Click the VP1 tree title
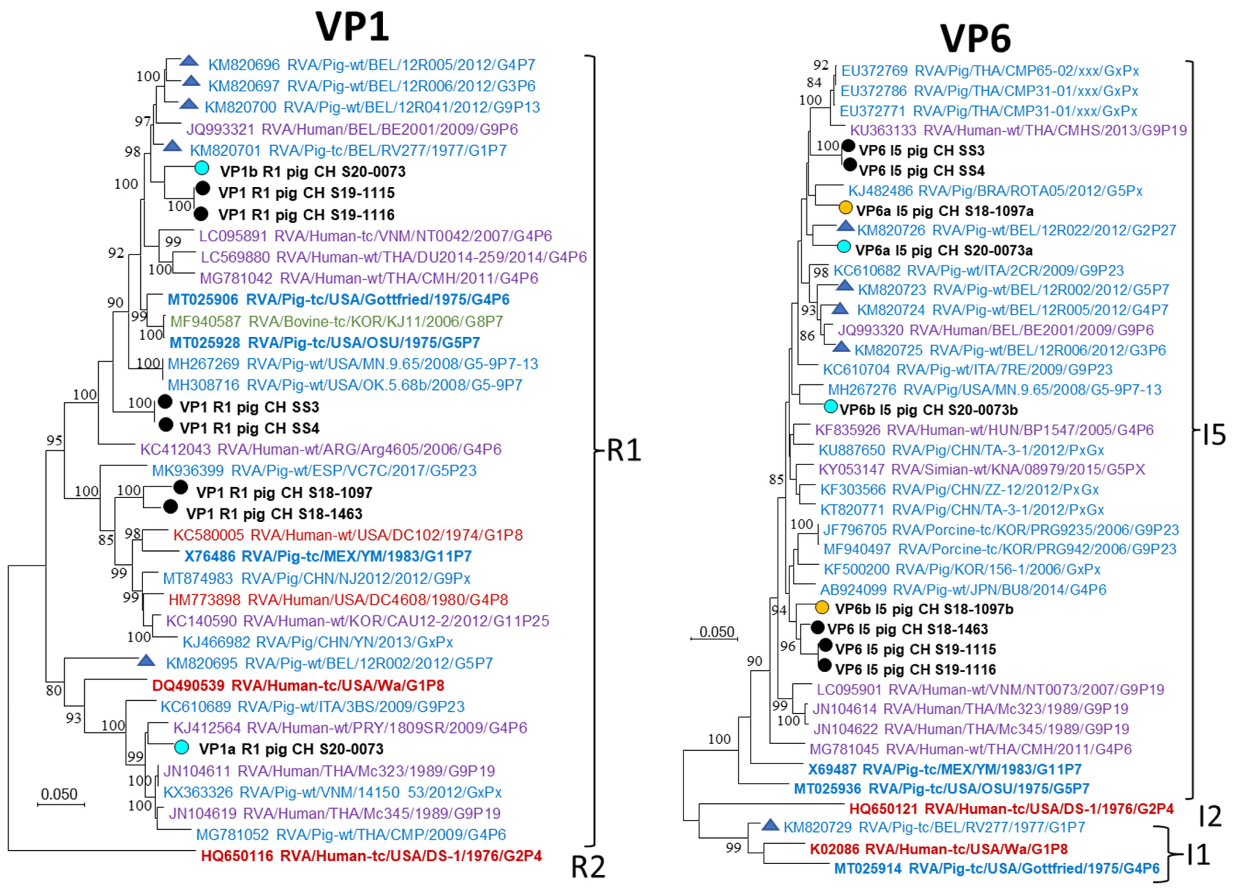[x=353, y=27]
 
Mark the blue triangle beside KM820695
[x=146, y=661]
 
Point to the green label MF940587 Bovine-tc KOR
[x=336, y=321]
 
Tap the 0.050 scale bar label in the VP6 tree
[x=716, y=632]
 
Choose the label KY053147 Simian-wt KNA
[x=981, y=469]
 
